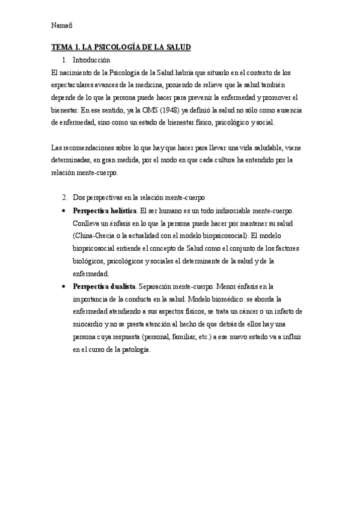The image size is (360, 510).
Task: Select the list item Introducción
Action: tap(91, 60)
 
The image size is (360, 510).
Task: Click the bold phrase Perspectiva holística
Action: tap(104, 211)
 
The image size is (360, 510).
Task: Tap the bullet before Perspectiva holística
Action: tap(64, 211)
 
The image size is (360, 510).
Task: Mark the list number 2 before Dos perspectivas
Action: tap(64, 197)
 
